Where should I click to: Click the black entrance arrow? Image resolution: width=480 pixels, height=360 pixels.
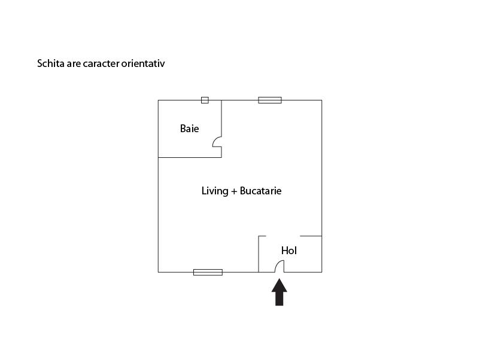point(279,292)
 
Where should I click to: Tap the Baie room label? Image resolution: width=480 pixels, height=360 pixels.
point(189,129)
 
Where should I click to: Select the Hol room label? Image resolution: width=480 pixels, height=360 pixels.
point(289,251)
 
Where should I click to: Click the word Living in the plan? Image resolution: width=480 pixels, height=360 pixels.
point(215,191)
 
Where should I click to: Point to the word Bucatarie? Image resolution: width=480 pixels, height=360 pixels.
point(260,191)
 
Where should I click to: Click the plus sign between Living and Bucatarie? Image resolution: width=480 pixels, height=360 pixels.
point(234,191)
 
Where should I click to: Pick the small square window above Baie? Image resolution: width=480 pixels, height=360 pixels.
point(205,100)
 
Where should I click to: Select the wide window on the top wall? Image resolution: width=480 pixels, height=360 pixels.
point(270,100)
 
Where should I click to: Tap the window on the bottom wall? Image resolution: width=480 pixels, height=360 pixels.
point(208,272)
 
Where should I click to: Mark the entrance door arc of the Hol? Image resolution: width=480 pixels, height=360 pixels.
point(277,264)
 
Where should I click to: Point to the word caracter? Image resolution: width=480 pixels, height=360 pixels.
point(101,63)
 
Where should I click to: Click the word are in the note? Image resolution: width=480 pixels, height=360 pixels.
point(74,64)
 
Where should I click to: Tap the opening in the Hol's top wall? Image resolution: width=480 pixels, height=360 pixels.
point(283,236)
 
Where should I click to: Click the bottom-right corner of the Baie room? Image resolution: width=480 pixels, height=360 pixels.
point(221,157)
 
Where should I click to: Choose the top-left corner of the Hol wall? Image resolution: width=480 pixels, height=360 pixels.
point(259,236)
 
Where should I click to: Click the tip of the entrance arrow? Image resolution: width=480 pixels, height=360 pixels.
point(279,278)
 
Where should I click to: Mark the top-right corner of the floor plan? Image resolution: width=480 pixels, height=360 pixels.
point(322,100)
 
